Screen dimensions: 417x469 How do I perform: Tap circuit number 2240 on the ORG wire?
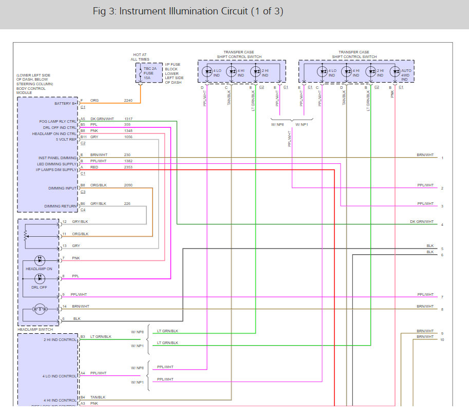click(128, 101)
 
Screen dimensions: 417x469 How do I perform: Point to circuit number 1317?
click(128, 119)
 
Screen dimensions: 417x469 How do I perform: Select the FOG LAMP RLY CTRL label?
click(58, 122)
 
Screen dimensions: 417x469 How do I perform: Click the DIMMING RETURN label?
click(61, 206)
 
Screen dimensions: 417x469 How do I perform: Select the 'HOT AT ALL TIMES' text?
click(140, 56)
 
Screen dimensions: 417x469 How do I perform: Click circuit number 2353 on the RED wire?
click(128, 167)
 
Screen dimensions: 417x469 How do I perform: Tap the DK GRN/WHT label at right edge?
click(421, 222)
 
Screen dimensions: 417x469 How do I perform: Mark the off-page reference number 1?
click(442, 158)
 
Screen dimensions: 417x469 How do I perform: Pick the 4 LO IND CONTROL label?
click(60, 376)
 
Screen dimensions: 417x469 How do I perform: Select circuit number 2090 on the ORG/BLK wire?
click(128, 185)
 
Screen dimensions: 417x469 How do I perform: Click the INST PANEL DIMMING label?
click(58, 158)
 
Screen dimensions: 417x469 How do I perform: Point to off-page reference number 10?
click(442, 340)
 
